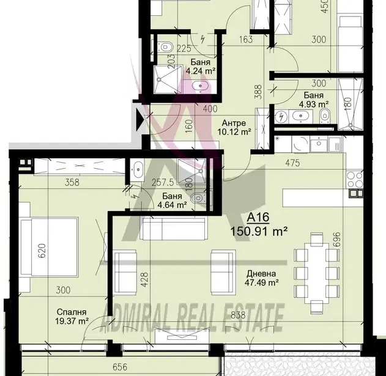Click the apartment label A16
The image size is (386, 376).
tap(258, 217)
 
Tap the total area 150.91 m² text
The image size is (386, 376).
tap(259, 231)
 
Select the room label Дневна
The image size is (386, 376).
tap(261, 274)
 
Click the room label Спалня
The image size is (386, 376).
tap(72, 312)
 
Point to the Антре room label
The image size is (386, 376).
tap(234, 123)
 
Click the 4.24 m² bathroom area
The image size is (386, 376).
tap(201, 71)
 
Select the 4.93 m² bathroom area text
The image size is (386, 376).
tap(314, 105)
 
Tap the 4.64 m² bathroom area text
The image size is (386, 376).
tap(172, 205)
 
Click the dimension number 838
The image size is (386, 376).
tap(238, 315)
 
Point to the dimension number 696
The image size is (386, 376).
tap(337, 240)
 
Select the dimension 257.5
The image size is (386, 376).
tap(163, 183)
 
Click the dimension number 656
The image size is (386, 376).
tap(120, 367)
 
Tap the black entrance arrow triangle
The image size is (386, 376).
tap(141, 120)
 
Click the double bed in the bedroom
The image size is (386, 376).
tap(49, 247)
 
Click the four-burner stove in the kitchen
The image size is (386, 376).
tap(354, 180)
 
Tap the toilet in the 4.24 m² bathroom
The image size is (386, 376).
tap(165, 46)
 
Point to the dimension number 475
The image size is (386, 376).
tap(292, 163)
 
